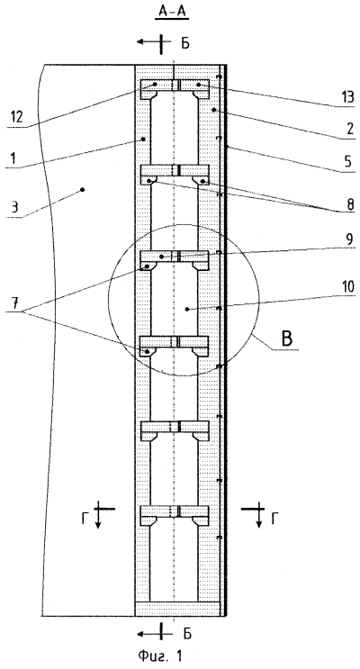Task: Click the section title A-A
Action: (x=174, y=14)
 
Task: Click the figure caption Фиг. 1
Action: (x=165, y=655)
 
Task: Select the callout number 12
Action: (x=16, y=116)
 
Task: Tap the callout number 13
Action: (x=346, y=97)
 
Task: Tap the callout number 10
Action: (x=346, y=287)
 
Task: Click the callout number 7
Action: (x=13, y=303)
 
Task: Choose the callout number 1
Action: (x=13, y=158)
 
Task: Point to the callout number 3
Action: (x=13, y=209)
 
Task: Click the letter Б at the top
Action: (x=185, y=43)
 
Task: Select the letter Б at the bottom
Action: (x=188, y=633)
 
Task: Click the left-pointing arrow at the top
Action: (x=148, y=41)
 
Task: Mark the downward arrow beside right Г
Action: (x=258, y=517)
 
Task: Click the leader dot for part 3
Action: (x=82, y=189)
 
